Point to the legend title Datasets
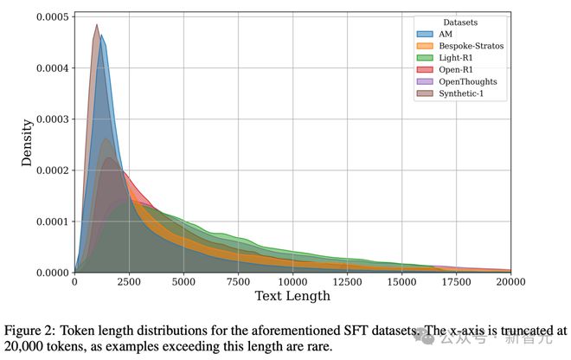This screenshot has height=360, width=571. [460, 22]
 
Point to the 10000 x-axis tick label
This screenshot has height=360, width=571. [292, 282]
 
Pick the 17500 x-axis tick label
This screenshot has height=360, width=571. [456, 282]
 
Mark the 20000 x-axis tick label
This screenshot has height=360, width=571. [510, 282]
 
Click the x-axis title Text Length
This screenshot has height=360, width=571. [292, 297]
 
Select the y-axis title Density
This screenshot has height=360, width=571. [28, 143]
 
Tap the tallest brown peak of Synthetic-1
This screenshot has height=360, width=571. [96, 26]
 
